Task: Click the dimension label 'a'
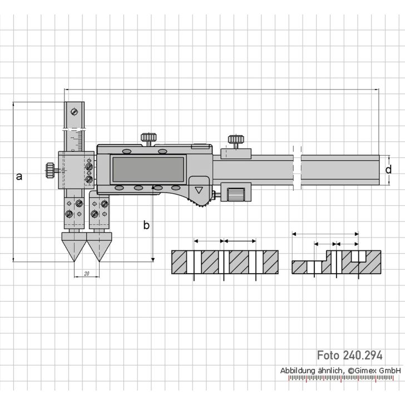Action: pos(19,176)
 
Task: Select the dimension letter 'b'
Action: pos(146,225)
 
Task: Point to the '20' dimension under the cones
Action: pos(86,274)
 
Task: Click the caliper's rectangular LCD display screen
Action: pos(149,169)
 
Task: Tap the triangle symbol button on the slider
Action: pos(199,190)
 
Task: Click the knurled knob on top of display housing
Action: pos(148,137)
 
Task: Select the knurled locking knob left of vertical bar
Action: pos(50,169)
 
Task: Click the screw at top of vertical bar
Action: pos(73,111)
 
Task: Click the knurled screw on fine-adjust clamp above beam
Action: pos(235,139)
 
